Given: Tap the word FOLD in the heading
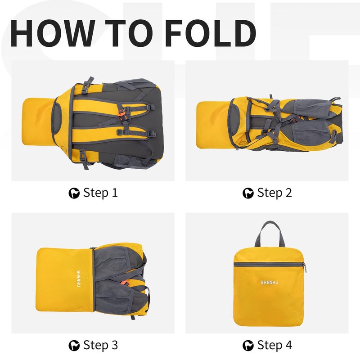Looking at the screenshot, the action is click(x=210, y=33).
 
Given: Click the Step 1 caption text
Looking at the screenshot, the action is click(x=100, y=193).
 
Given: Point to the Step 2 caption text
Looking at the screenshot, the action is click(x=274, y=193).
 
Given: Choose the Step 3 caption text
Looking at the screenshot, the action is click(x=100, y=345).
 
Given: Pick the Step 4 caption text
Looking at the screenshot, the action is click(x=274, y=345).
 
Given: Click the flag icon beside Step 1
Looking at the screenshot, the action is click(x=74, y=193).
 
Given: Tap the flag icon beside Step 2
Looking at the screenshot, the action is click(x=248, y=193).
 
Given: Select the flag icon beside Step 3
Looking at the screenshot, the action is click(x=74, y=346).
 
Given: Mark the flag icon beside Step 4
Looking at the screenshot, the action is click(x=248, y=346).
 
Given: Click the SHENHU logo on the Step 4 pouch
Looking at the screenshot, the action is click(x=269, y=283).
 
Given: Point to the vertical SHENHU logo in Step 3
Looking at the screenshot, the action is click(x=78, y=279).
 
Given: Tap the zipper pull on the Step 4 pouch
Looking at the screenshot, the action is click(x=305, y=268).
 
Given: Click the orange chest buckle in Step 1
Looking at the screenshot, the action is click(x=122, y=114).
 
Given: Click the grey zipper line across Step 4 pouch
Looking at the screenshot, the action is click(x=269, y=265).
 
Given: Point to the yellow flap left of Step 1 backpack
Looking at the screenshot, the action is click(x=38, y=121).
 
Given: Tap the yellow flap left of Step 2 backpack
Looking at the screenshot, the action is click(x=213, y=125).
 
